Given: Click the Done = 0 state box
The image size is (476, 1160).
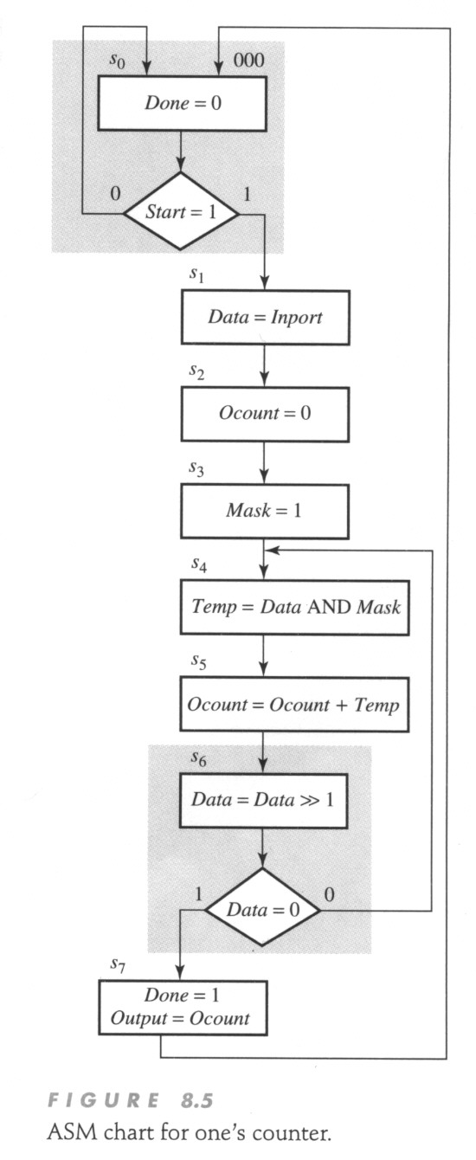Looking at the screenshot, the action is coord(183,103).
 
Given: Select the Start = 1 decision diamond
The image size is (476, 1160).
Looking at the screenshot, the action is coord(181,211).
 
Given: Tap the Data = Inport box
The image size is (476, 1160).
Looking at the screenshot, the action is coord(265,318).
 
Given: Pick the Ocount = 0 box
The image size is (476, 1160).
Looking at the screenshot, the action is coord(265,414).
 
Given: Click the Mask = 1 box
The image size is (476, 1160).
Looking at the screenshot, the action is coord(264,511).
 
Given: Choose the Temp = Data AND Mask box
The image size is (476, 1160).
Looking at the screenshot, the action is coord(295,608).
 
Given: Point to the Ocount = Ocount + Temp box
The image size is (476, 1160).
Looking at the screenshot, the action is coord(294,705).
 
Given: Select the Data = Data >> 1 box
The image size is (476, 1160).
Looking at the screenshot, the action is coord(263,801).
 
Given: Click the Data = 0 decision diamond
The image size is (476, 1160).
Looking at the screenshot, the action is coord(262,909).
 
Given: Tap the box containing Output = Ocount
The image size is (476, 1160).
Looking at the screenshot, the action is coord(183,1008).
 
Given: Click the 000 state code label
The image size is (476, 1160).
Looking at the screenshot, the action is coord(248,61).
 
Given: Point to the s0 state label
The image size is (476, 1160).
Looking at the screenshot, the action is coord(117,60).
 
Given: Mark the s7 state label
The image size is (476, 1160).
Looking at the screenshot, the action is coord(118,964).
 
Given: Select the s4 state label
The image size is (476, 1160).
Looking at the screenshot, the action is coord(199,564).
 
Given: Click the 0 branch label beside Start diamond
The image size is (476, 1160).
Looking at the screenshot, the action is coord(115,194).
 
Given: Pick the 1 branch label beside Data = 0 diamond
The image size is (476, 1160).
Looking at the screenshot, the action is coord(197,894).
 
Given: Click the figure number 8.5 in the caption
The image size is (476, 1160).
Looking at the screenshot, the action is coord(197,1100).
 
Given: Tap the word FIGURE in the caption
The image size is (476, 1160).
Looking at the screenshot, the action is coord(103,1100).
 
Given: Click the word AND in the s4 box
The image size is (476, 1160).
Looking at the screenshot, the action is coord(329,607).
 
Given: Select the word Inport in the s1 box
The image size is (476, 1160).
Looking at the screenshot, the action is coord(296,318).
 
